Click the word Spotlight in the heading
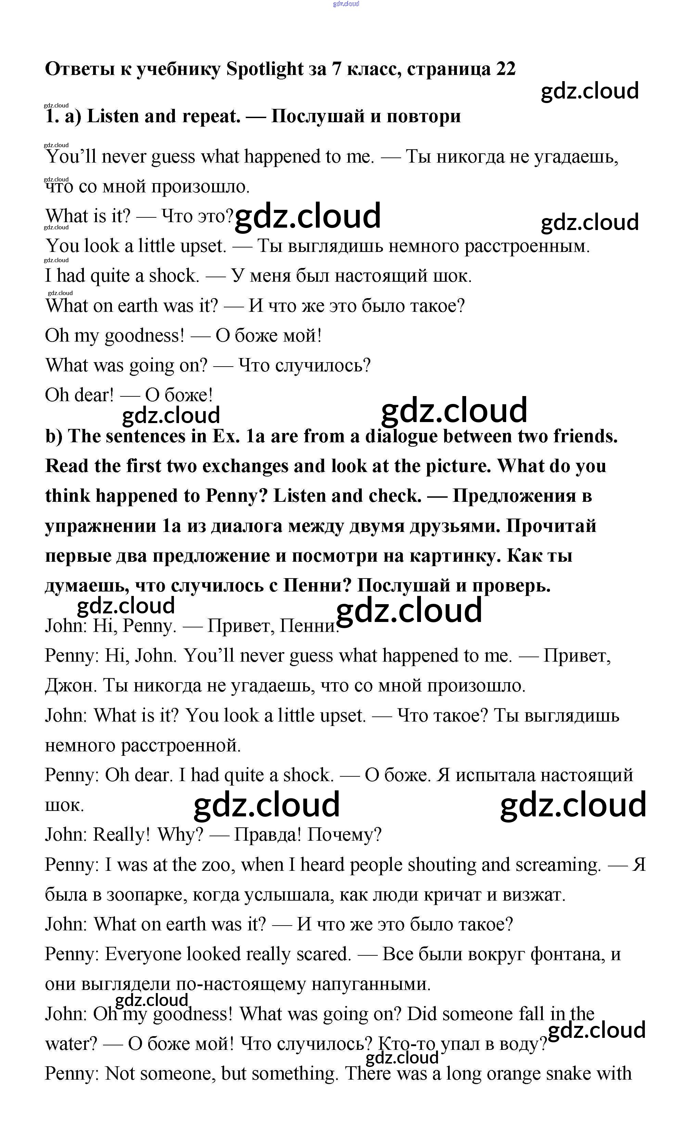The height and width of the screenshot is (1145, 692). [x=265, y=69]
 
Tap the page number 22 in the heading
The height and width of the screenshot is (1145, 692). [x=505, y=69]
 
